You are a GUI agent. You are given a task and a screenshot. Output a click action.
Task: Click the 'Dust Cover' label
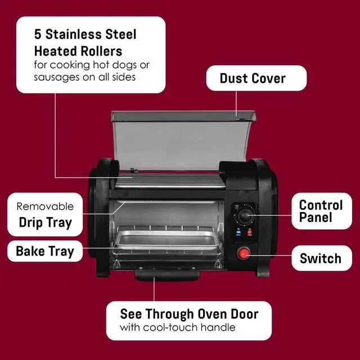252,78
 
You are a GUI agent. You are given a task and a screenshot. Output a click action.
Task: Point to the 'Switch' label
320,259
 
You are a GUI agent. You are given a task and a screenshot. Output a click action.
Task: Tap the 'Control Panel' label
320,211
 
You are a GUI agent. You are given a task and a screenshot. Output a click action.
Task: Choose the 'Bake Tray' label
44,251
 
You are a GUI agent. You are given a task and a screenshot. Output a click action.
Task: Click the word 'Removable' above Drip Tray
45,206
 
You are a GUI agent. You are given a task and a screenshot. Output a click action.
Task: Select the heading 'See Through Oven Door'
188,314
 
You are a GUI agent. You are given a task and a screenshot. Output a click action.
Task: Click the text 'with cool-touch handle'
178,327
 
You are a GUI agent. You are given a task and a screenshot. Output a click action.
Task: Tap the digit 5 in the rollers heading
36,34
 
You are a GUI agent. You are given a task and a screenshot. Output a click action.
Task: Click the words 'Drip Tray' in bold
44,222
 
